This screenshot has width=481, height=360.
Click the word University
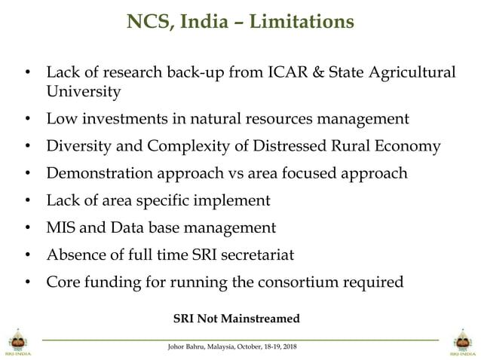(83, 92)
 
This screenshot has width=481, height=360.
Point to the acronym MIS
(62, 227)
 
